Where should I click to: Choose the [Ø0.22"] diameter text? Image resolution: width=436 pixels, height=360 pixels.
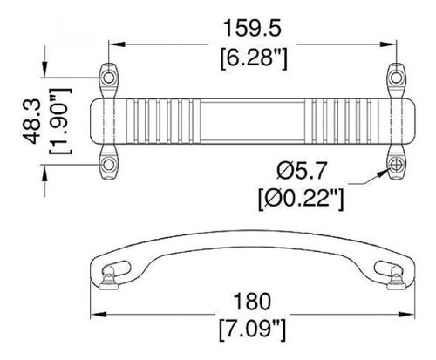(300, 199)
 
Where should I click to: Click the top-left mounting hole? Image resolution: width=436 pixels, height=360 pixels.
(109, 76)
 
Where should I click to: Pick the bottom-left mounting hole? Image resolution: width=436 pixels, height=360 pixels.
(109, 163)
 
